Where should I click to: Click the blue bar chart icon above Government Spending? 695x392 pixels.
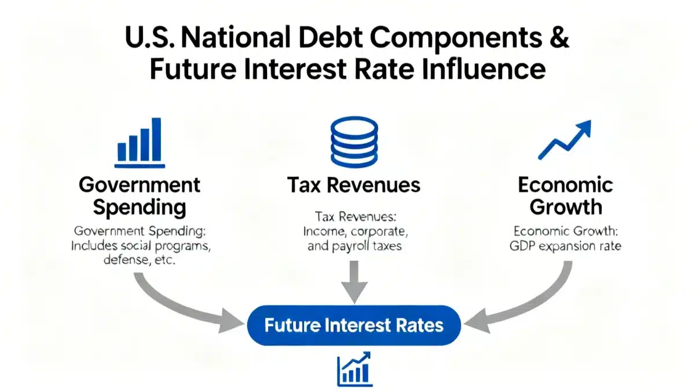(x=139, y=141)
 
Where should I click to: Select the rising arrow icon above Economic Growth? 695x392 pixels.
(x=564, y=140)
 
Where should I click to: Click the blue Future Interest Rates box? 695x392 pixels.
(x=354, y=325)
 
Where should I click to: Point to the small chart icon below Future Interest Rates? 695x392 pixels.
(x=353, y=369)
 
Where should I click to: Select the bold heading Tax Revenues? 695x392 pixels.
(x=353, y=185)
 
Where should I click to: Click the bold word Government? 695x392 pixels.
(x=139, y=185)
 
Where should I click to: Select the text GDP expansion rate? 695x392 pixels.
(x=565, y=246)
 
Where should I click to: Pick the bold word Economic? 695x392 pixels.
(x=565, y=185)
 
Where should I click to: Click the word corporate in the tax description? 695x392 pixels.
(x=379, y=231)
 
